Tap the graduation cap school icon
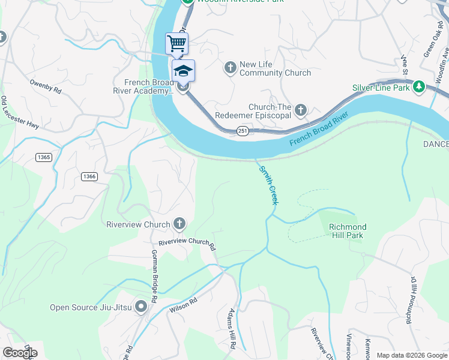pos(184,71)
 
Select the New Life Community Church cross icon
pos(230,67)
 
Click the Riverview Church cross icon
pos(178,224)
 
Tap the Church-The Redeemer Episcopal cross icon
pos(301,110)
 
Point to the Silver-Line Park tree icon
pos(419,88)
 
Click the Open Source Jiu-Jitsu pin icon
pos(141,307)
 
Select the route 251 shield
pos(242,131)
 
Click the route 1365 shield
pos(43,157)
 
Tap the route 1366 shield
pos(89,176)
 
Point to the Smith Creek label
pos(268,185)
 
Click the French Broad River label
pos(319,128)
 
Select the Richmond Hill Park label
pos(347,231)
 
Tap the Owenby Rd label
pos(46,86)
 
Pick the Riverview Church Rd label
pos(187,243)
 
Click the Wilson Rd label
pos(184,305)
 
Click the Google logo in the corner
pos(20,353)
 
